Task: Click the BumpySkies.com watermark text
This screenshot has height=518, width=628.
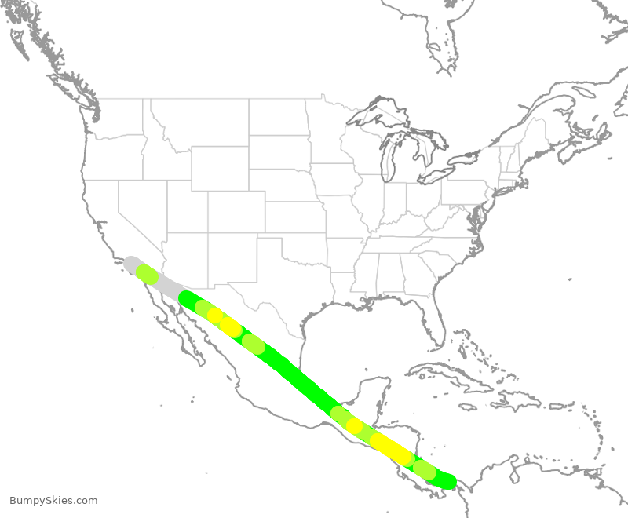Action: pyautogui.click(x=53, y=500)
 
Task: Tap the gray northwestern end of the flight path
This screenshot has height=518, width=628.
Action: pyautogui.click(x=131, y=263)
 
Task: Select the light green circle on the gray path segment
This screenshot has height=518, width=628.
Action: pyautogui.click(x=147, y=274)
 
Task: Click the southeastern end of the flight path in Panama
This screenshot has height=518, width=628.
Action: pyautogui.click(x=448, y=480)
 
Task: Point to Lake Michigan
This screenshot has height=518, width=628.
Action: pyautogui.click(x=387, y=161)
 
